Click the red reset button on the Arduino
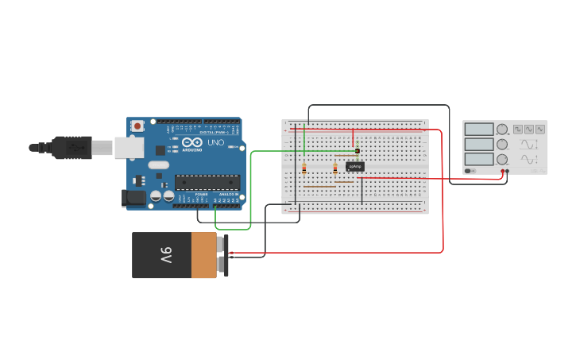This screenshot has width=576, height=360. [x=137, y=125]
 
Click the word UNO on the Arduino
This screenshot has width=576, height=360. [x=215, y=143]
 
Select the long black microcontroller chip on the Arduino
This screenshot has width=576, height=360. [x=207, y=182]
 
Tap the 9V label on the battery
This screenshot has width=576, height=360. [x=165, y=255]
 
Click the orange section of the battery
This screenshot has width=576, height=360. [x=203, y=255]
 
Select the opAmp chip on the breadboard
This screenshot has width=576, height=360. [x=355, y=166]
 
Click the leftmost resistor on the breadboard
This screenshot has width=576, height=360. [x=304, y=168]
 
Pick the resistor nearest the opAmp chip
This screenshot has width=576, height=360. [x=335, y=168]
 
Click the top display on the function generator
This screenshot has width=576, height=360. [x=479, y=129]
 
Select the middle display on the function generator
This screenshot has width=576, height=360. [x=479, y=144]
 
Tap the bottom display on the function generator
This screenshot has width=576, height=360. [x=479, y=159]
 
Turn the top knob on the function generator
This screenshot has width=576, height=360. [x=502, y=129]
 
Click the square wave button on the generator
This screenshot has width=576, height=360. [x=518, y=129]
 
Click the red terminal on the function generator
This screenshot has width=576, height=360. [x=503, y=171]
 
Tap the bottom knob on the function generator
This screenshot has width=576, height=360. [x=502, y=159]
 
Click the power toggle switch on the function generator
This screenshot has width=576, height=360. [x=470, y=170]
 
